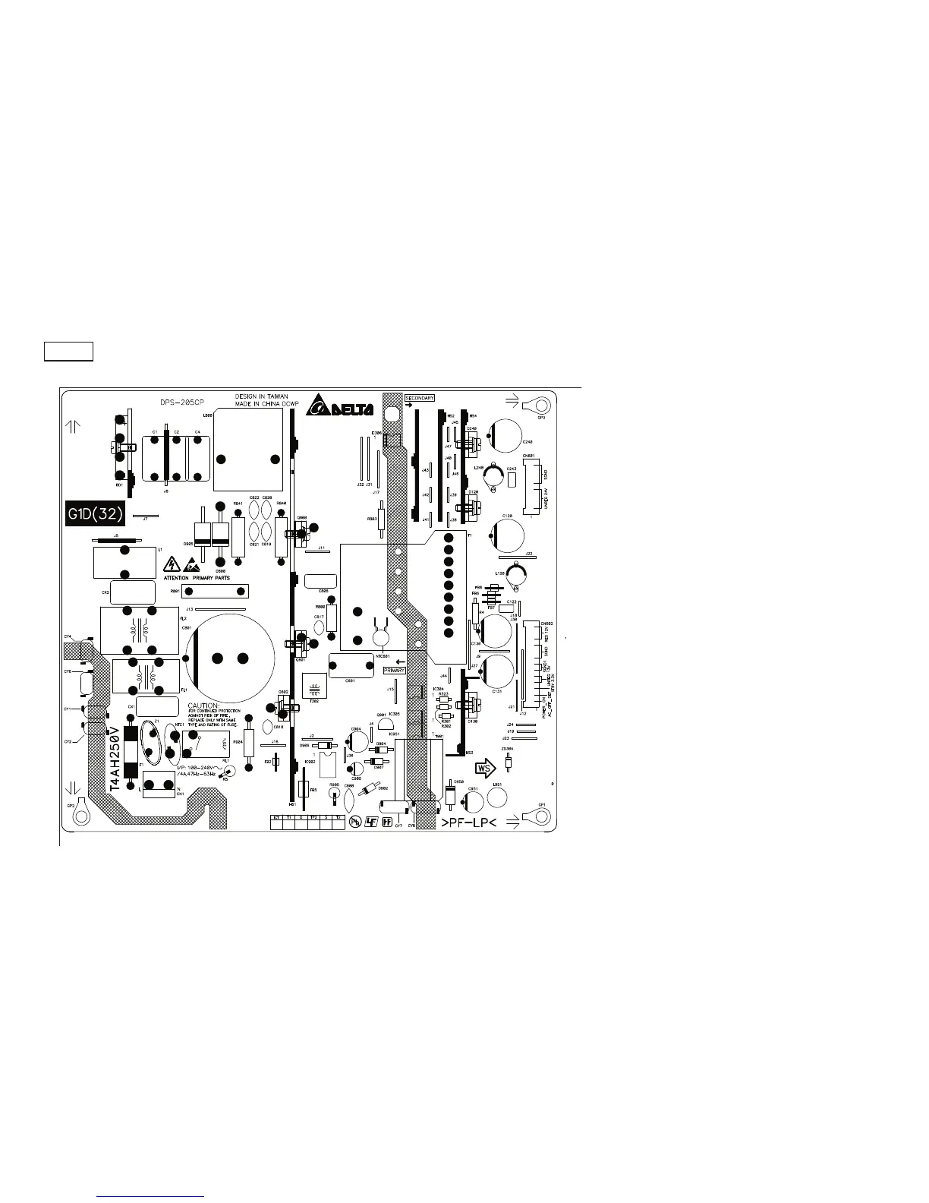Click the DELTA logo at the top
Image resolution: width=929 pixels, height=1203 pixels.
341,409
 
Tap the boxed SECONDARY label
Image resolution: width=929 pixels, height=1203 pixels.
419,398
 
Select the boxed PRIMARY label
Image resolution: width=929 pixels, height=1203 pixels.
394,671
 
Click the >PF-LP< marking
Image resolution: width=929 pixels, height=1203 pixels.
469,824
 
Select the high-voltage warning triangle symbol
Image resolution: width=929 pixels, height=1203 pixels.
170,565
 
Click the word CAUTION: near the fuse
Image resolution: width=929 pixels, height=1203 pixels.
204,706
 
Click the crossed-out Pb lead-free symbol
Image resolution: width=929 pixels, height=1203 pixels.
354,822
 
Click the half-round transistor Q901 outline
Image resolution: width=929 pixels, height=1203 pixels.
385,725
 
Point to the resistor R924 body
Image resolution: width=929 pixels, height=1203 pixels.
249,743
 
